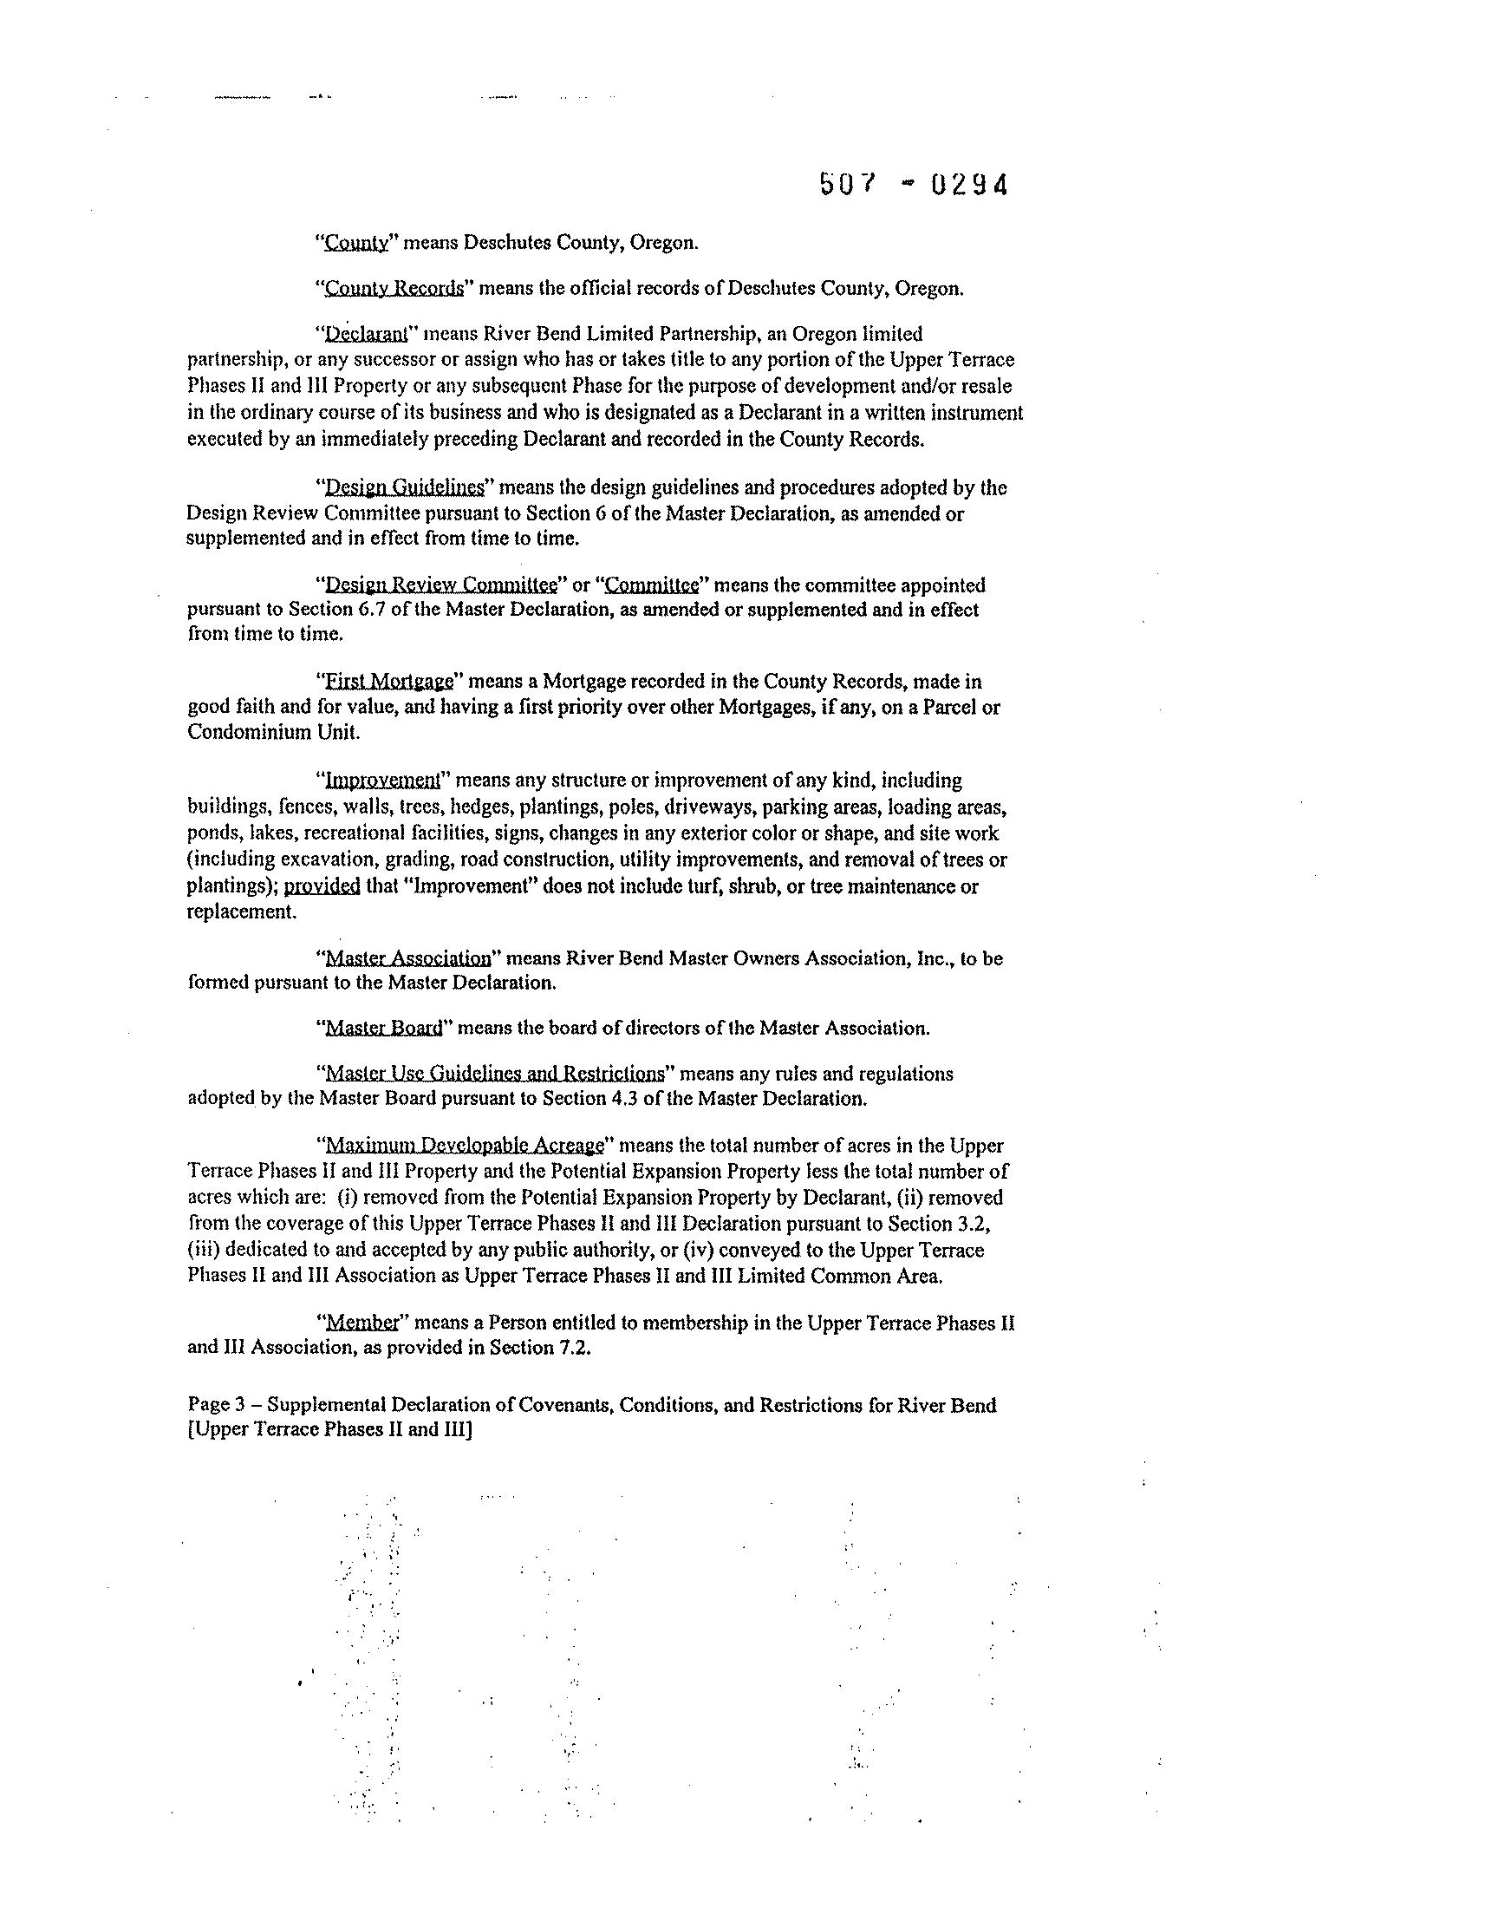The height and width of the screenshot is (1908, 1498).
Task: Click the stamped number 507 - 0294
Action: coord(913,185)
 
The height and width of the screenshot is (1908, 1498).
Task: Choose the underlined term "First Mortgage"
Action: coord(388,682)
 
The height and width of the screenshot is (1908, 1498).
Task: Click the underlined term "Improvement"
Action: coord(381,781)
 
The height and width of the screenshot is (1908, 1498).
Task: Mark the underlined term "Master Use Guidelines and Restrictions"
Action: coord(495,1074)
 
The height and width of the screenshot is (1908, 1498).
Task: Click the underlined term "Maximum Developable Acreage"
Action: coord(465,1146)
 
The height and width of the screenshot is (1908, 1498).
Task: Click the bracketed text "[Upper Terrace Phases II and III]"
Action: coord(330,1430)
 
